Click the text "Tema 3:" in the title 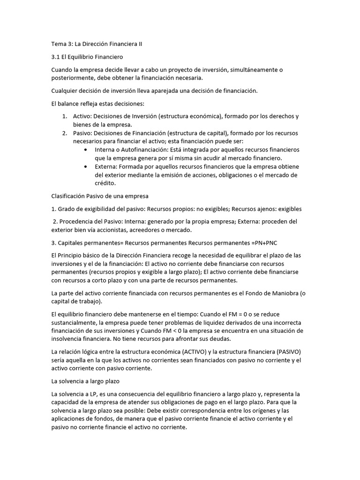click(x=62, y=44)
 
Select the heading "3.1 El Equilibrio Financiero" click(x=87, y=57)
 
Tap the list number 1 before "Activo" click(x=64, y=116)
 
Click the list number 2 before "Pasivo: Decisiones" click(x=64, y=133)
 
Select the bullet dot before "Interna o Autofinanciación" click(x=84, y=150)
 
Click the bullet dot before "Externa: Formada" click(x=84, y=166)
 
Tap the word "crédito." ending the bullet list click(x=105, y=183)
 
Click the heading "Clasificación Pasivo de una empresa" click(x=99, y=196)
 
